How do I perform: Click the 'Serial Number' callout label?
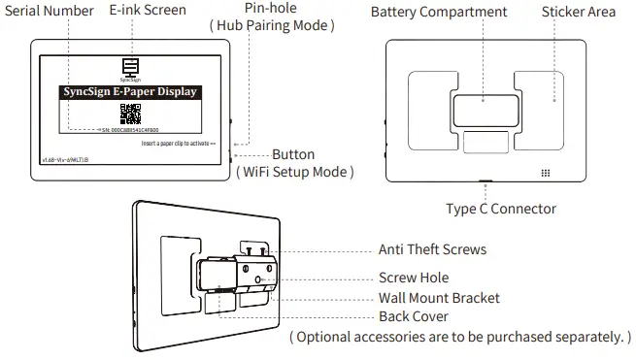click(48, 11)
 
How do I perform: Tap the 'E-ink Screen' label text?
click(148, 11)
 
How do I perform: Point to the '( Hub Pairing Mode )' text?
click(272, 26)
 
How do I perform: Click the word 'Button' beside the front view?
click(293, 154)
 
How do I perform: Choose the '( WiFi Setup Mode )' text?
click(294, 172)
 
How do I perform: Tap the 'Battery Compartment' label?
click(439, 13)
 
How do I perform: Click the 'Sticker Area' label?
click(580, 13)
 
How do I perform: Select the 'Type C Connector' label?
click(501, 209)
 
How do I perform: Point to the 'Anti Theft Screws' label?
click(432, 249)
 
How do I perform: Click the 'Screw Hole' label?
click(413, 278)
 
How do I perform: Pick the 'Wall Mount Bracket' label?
click(439, 298)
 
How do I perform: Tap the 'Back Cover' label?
click(413, 317)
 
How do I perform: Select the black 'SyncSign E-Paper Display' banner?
click(130, 92)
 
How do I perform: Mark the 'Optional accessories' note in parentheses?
click(460, 337)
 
